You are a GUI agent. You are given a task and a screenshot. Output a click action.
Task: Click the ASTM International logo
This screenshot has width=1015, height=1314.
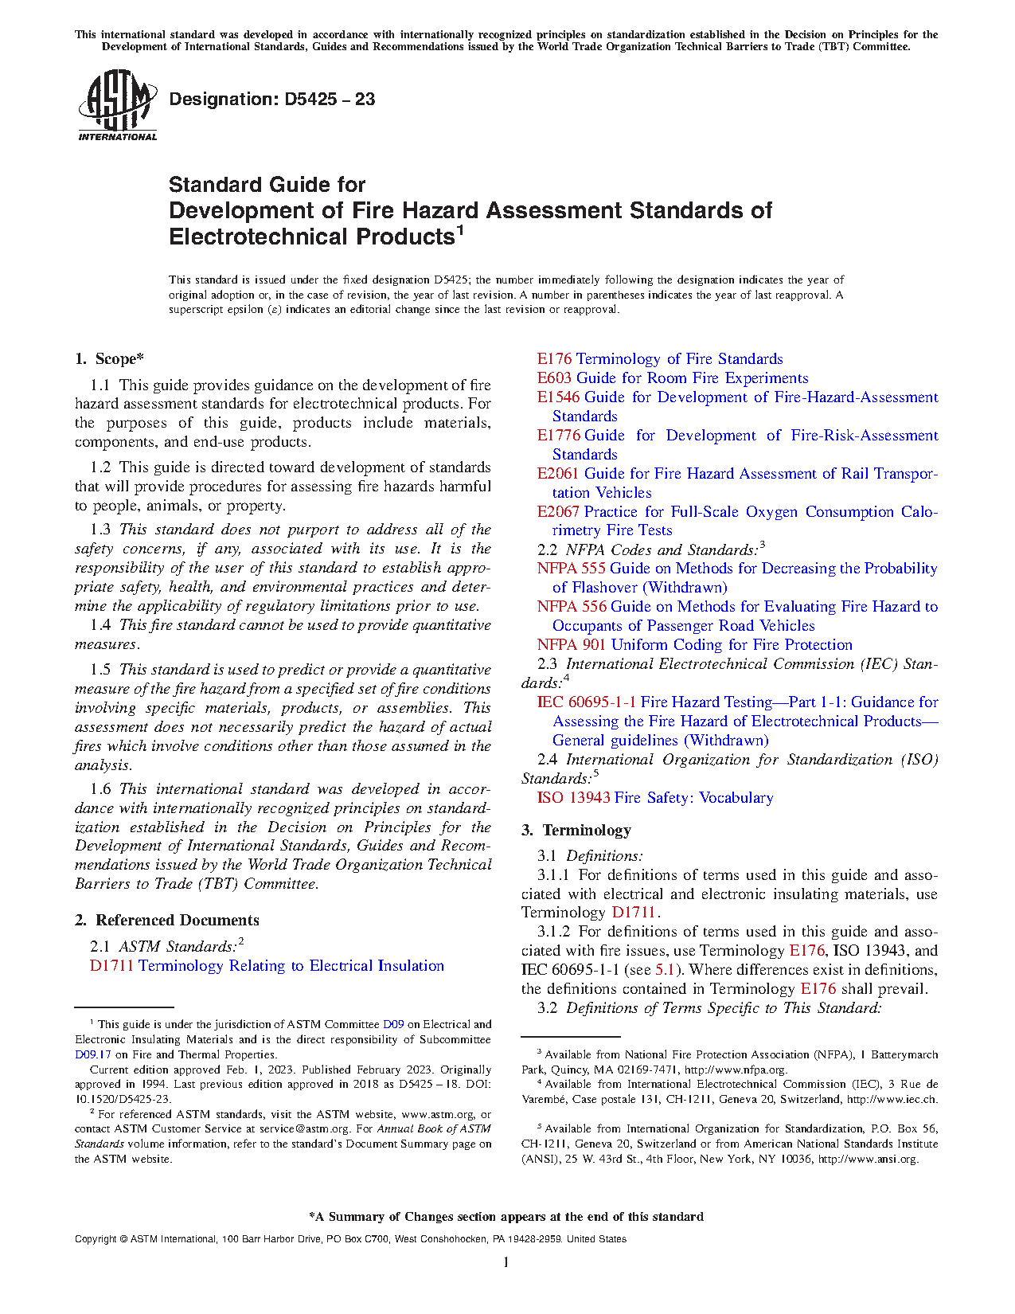pos(118,105)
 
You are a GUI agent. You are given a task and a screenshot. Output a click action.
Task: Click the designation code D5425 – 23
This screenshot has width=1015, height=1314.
pos(271,100)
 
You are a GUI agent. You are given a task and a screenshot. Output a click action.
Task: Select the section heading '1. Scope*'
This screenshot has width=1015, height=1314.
pos(110,359)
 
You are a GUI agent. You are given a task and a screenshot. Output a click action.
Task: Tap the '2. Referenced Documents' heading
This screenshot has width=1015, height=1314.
pos(167,921)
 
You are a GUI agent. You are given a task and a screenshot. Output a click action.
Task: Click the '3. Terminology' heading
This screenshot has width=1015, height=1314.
pos(576,831)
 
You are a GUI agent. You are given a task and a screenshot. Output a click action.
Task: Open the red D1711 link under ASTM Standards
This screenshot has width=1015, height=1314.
pos(111,966)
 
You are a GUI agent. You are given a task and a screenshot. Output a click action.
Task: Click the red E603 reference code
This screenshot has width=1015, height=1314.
pos(554,378)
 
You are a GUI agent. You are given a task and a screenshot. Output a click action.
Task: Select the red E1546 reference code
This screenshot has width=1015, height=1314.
pos(558,397)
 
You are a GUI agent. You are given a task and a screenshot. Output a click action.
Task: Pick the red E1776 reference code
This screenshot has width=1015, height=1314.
pos(558,436)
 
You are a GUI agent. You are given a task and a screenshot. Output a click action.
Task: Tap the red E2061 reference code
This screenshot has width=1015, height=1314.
pos(558,474)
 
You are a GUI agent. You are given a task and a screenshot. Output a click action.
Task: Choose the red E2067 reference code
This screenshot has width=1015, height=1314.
pos(558,512)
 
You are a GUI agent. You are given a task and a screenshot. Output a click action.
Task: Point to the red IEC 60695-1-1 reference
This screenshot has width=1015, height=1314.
pos(587,702)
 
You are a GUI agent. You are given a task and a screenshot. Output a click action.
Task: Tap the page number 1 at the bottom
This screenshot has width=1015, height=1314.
pos(506,1261)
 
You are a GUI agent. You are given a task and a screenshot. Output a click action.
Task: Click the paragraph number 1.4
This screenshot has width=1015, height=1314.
pos(100,626)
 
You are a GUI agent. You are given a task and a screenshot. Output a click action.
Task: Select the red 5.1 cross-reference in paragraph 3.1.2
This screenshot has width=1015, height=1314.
pos(664,970)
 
